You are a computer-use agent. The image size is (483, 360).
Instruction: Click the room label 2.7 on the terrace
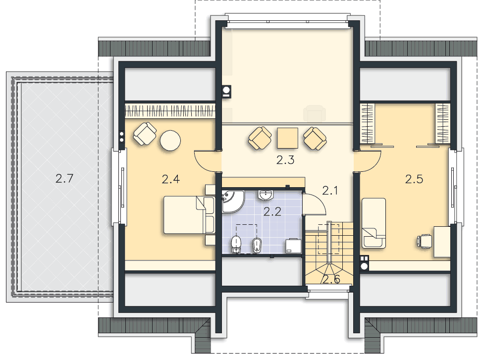point(64,179)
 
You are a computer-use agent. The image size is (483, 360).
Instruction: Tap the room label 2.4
point(170,179)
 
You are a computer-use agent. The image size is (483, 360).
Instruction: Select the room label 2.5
point(414,179)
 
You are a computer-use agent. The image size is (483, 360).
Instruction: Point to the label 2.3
point(285,160)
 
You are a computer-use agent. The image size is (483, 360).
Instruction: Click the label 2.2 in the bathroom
point(272,211)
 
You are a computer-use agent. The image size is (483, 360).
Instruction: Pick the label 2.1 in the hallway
point(330,191)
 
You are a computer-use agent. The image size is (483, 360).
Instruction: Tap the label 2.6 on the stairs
point(331,279)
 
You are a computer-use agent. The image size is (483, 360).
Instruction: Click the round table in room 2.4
point(170,141)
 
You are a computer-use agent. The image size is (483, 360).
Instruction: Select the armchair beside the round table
point(145,134)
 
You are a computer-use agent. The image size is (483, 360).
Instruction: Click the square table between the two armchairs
point(287,138)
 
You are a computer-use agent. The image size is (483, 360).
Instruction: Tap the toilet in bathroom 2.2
point(236,244)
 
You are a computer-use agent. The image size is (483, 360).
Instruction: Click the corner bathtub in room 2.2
point(232,201)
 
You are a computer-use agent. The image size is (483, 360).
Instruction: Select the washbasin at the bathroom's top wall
point(266,195)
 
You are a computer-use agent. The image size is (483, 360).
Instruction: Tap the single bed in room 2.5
point(374,223)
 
